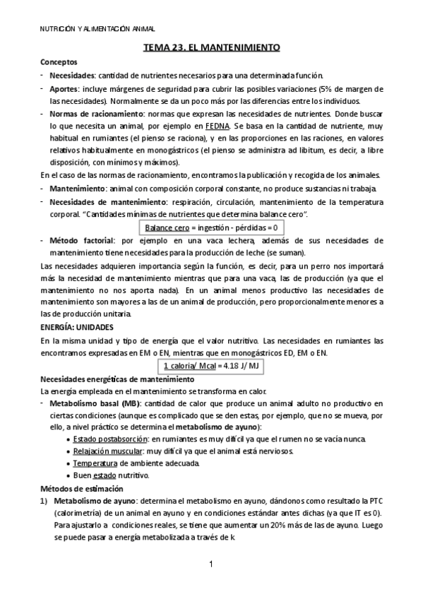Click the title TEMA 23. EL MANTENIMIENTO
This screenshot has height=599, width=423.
pos(212,47)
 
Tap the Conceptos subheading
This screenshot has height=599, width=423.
pos(59,62)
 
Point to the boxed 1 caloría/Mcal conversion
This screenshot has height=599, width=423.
pos(212,365)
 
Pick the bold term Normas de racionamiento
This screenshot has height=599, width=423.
pos(94,113)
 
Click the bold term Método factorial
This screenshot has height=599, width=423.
pos(79,240)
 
